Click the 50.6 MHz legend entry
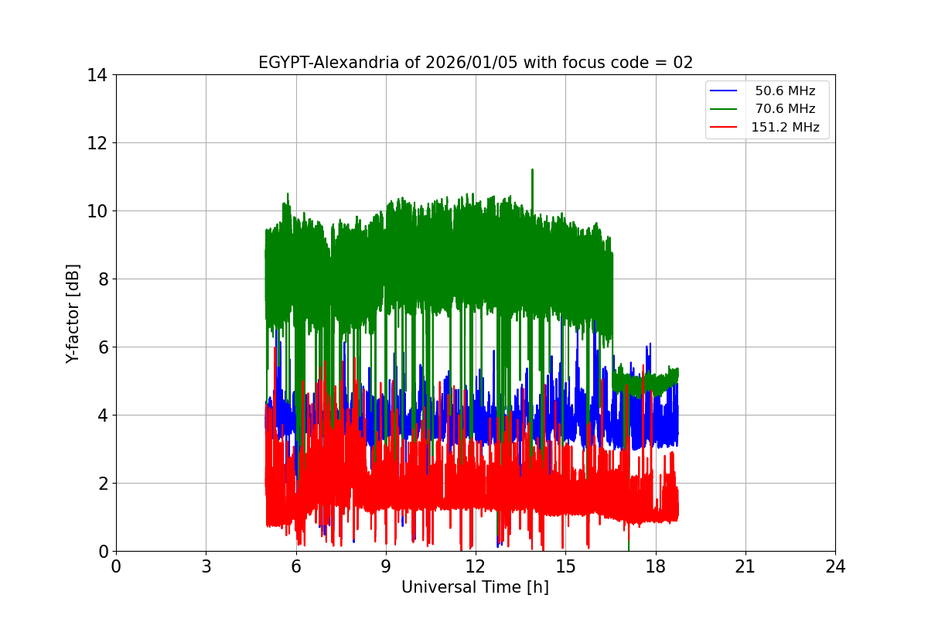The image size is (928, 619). click(x=785, y=91)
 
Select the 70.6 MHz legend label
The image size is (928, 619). click(x=785, y=109)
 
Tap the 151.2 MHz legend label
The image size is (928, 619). click(x=785, y=128)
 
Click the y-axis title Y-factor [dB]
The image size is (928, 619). click(x=73, y=313)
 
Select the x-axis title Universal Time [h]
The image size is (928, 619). click(x=475, y=587)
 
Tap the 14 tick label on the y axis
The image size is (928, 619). click(x=97, y=75)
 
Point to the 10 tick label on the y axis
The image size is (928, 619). click(x=97, y=211)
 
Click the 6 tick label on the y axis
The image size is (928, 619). click(x=101, y=347)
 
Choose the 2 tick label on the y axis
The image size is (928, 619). click(x=101, y=484)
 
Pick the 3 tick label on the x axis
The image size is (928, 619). click(x=206, y=566)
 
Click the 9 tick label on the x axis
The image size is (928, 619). click(x=386, y=566)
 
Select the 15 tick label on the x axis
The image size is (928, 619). click(x=565, y=566)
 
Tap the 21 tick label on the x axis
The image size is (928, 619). click(x=745, y=566)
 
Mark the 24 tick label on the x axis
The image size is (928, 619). click(x=835, y=566)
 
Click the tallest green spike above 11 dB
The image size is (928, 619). click(x=532, y=171)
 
